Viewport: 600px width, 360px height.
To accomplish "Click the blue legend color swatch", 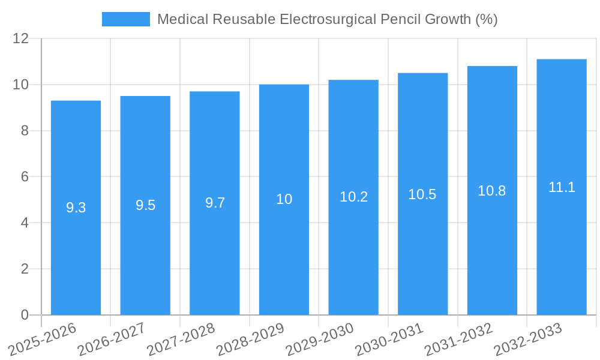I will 125,19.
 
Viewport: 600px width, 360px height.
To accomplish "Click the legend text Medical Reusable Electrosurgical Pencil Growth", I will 327,19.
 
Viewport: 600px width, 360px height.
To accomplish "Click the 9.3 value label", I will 76,208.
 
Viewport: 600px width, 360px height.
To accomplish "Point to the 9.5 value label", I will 145,205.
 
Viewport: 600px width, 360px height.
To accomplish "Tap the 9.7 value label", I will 215,203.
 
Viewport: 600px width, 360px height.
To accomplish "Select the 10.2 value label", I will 353,197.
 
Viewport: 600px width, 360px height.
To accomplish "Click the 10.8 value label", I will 492,191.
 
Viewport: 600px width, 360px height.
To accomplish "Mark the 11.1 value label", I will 562,187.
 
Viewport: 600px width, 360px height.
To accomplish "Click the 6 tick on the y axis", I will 25,177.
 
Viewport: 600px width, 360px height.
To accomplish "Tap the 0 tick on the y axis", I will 25,315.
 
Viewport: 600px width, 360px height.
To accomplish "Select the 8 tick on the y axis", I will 25,131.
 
